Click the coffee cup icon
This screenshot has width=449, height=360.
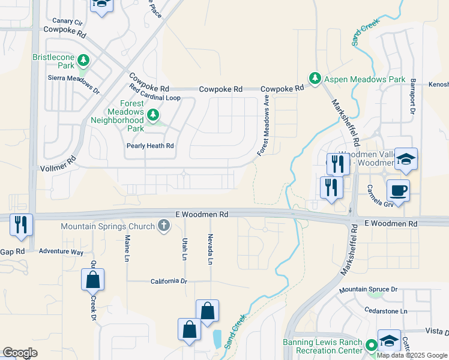click(398, 191)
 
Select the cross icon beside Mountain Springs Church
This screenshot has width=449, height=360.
click(163, 226)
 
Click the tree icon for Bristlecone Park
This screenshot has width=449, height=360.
click(83, 59)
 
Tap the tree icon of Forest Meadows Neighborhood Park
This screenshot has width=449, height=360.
click(153, 113)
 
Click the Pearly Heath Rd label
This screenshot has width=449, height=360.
click(149, 146)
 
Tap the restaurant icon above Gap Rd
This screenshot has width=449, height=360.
click(21, 224)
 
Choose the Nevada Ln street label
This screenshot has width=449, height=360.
click(210, 250)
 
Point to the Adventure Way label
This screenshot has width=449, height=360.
click(61, 252)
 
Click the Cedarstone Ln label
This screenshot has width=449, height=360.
click(386, 311)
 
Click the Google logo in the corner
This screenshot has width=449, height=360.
click(20, 352)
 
